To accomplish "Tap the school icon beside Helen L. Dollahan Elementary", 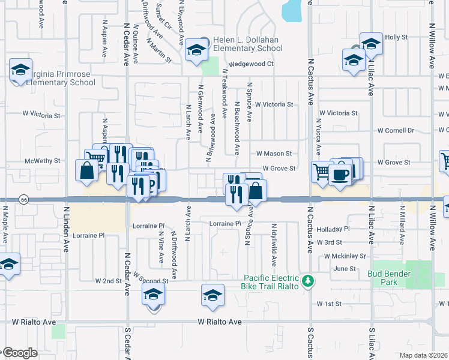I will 196,50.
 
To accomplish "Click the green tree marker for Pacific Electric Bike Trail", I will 308,280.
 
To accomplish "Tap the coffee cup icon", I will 341,173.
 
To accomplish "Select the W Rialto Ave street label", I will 220,322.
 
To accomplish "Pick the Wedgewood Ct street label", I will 250,64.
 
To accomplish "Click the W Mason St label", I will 274,154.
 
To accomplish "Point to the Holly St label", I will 396,37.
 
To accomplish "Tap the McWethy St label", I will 43,161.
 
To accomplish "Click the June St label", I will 345,269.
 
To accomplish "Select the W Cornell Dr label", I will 396,130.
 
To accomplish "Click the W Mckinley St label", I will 344,256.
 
